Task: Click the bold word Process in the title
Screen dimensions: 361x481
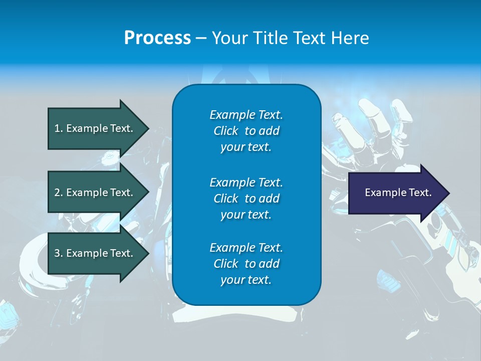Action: (157, 38)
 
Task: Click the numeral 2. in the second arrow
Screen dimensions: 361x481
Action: (59, 193)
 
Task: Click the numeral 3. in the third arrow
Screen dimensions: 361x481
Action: (59, 253)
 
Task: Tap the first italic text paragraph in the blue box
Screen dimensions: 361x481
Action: (246, 131)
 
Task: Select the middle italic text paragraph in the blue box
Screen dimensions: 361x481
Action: (246, 199)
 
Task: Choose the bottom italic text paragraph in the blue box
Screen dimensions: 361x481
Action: (246, 264)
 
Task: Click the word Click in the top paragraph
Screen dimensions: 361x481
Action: (226, 131)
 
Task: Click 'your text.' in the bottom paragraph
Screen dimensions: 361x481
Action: (246, 280)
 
